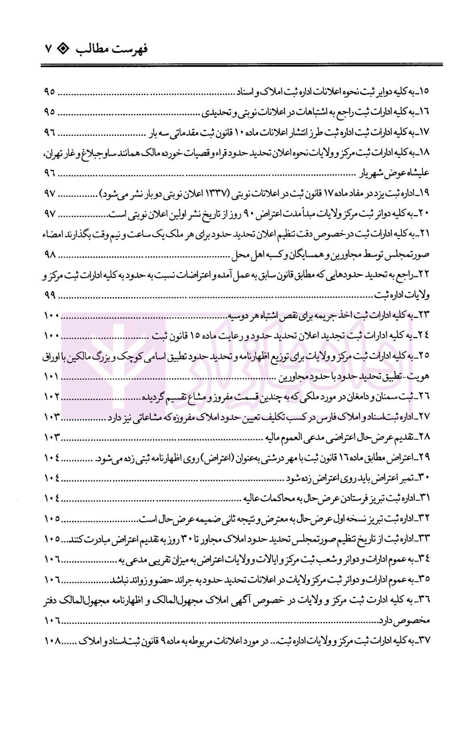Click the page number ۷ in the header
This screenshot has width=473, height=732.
pos(49,49)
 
